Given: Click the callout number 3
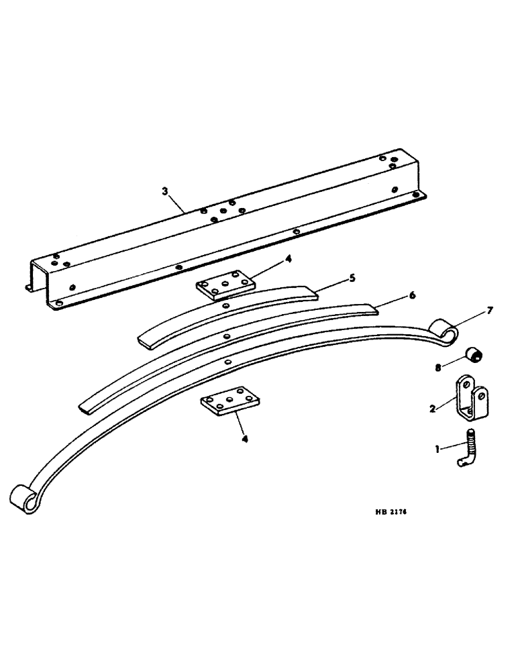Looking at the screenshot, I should [164, 191].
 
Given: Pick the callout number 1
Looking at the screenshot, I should [438, 449].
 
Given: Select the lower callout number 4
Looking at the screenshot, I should [245, 440].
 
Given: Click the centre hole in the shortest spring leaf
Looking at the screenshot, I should [223, 305].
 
